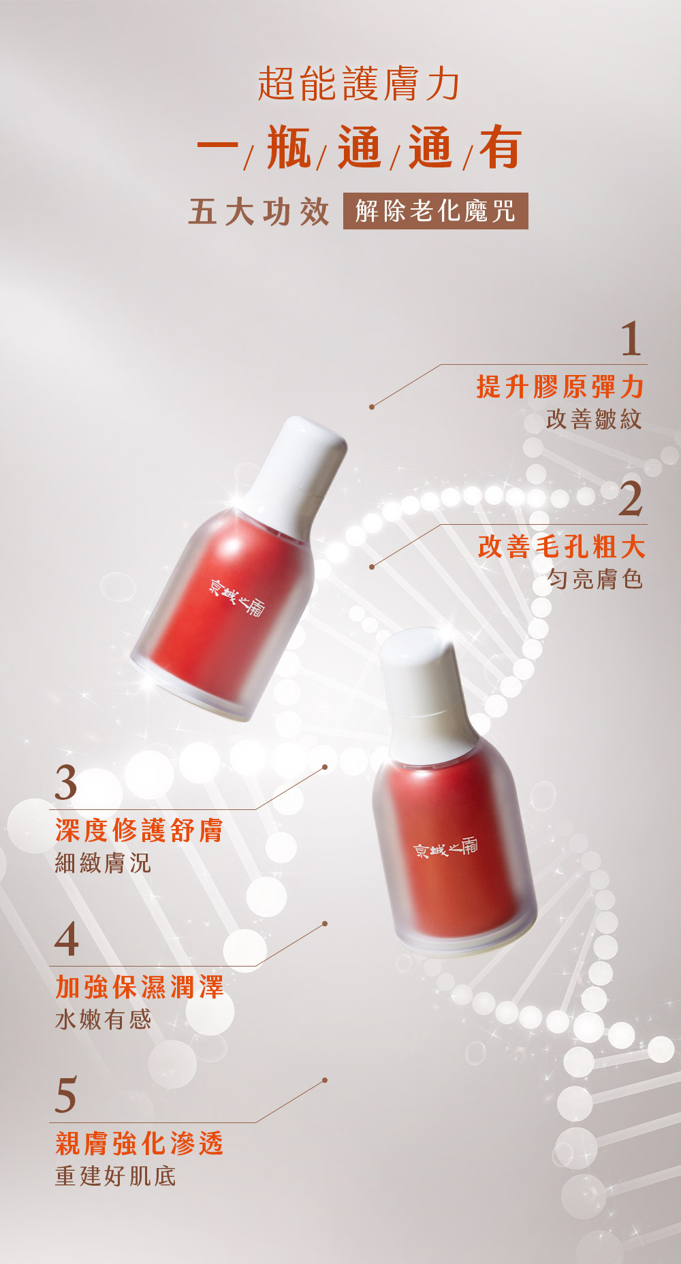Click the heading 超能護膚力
[358, 84]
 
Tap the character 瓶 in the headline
[289, 147]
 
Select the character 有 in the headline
[501, 147]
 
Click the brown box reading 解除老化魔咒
[435, 211]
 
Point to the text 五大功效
[259, 212]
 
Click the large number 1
[631, 338]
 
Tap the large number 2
[631, 499]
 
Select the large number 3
[66, 783]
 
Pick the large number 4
[67, 939]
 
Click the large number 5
[66, 1096]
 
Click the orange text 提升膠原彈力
[560, 387]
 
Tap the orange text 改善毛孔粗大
[561, 547]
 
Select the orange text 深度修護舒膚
[140, 830]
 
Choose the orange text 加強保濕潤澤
[140, 987]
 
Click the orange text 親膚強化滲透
[140, 1144]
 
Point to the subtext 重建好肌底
[116, 1176]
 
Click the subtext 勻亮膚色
[595, 579]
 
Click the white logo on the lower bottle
[446, 847]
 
